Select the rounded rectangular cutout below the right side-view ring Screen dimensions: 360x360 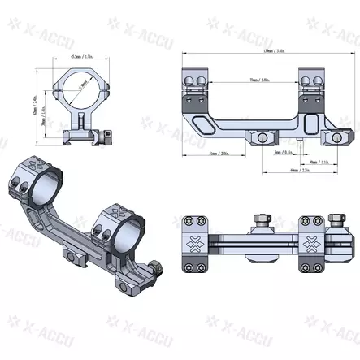tap(314, 123)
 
